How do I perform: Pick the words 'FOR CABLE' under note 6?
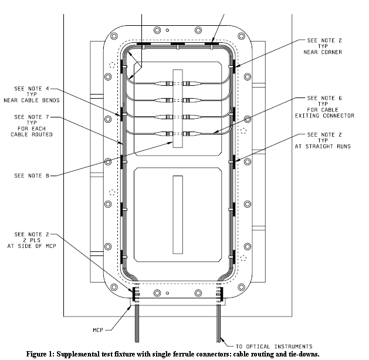(x=324, y=110)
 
